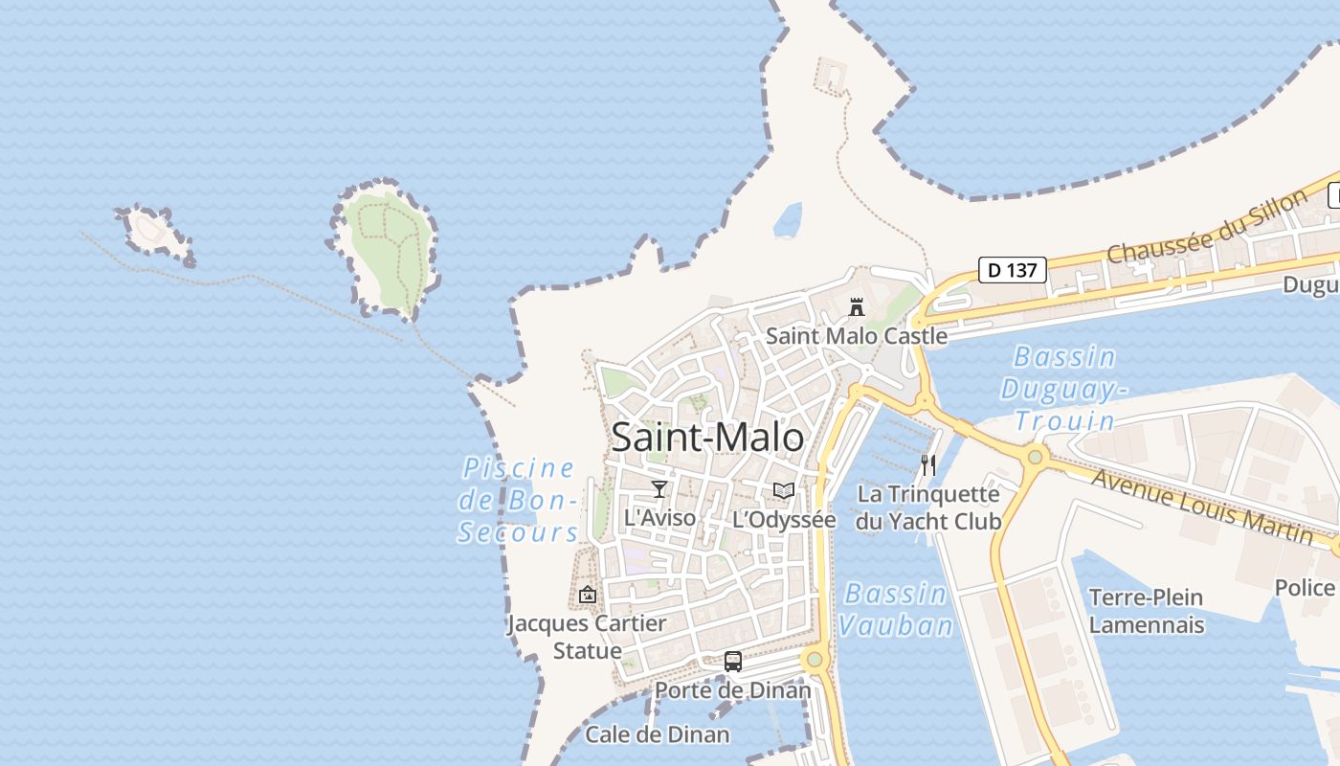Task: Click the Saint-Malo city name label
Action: tap(707, 438)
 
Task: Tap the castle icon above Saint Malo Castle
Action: tap(857, 307)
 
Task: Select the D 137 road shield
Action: tap(1012, 270)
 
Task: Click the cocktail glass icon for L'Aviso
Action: tap(659, 490)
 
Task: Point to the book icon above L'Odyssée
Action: tap(784, 491)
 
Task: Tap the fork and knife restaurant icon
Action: tap(927, 465)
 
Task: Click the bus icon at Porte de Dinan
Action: tap(732, 661)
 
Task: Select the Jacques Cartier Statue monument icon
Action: tap(588, 595)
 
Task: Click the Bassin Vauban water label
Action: tap(896, 609)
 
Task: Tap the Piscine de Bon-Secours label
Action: tap(518, 500)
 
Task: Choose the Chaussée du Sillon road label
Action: tap(1206, 227)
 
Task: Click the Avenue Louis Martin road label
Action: tap(1201, 507)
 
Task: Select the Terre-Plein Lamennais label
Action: tap(1147, 611)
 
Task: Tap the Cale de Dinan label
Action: tap(657, 734)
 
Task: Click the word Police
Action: tap(1304, 587)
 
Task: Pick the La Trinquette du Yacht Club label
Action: tap(927, 507)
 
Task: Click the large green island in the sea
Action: tap(388, 244)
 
